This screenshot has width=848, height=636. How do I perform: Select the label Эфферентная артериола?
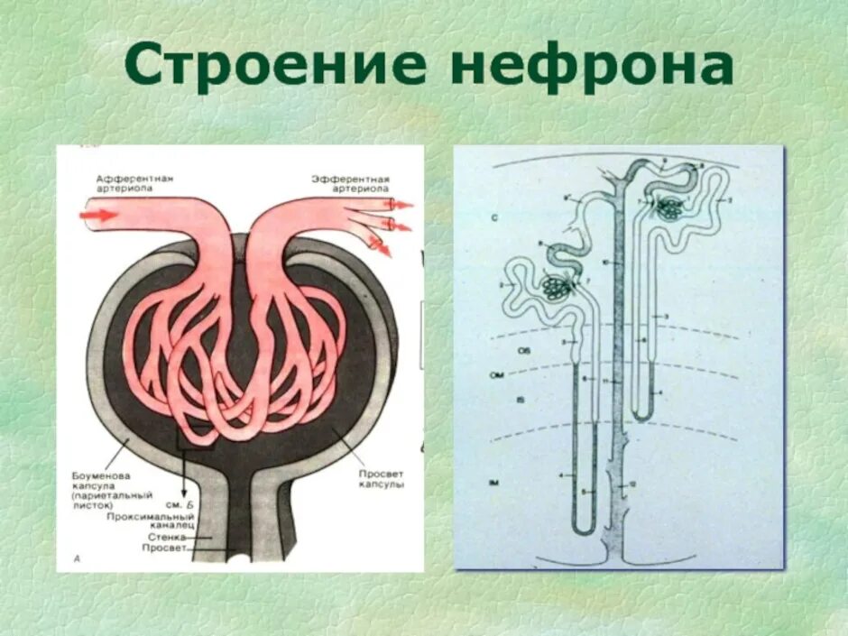pyautogui.click(x=351, y=184)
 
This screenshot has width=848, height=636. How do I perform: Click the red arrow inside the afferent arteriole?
pyautogui.click(x=98, y=215)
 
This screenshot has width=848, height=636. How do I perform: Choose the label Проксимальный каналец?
pyautogui.click(x=149, y=521)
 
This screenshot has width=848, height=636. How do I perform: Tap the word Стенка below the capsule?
pyautogui.click(x=171, y=536)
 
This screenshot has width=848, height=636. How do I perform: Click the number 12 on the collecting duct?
pyautogui.click(x=631, y=484)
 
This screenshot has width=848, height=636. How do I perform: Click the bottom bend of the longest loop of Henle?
pyautogui.click(x=585, y=528)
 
